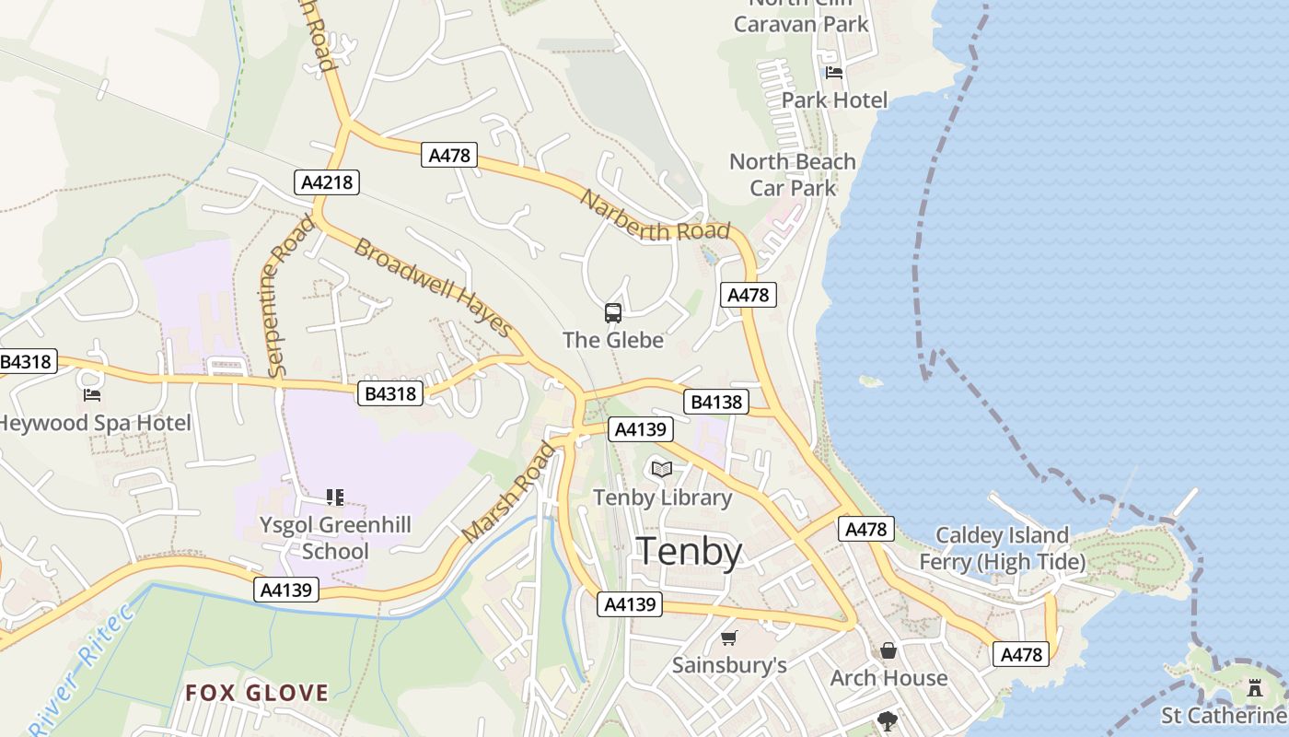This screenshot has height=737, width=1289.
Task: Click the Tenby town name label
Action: [x=690, y=551]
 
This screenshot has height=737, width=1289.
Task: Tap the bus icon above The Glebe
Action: [x=613, y=313]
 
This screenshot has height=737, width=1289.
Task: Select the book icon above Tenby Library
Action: [x=661, y=469]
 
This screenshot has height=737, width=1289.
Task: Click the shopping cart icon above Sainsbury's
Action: [x=729, y=638]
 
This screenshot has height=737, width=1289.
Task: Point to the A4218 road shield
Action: [x=328, y=182]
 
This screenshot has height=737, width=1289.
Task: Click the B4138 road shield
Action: [x=715, y=402]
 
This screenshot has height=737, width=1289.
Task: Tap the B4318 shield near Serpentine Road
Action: [x=390, y=394]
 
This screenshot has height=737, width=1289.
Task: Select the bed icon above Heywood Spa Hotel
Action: [x=92, y=395]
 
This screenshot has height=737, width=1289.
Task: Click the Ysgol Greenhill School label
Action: [x=335, y=538]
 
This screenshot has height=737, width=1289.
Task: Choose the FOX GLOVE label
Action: [x=257, y=693]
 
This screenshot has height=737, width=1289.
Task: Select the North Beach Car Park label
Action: [x=792, y=175]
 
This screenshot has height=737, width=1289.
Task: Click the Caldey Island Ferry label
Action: [x=1002, y=548]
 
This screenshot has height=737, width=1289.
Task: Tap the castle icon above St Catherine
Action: [x=1253, y=688]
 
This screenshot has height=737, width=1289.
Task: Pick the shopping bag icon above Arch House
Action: [x=888, y=651]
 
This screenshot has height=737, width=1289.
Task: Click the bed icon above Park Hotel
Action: [x=834, y=72]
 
